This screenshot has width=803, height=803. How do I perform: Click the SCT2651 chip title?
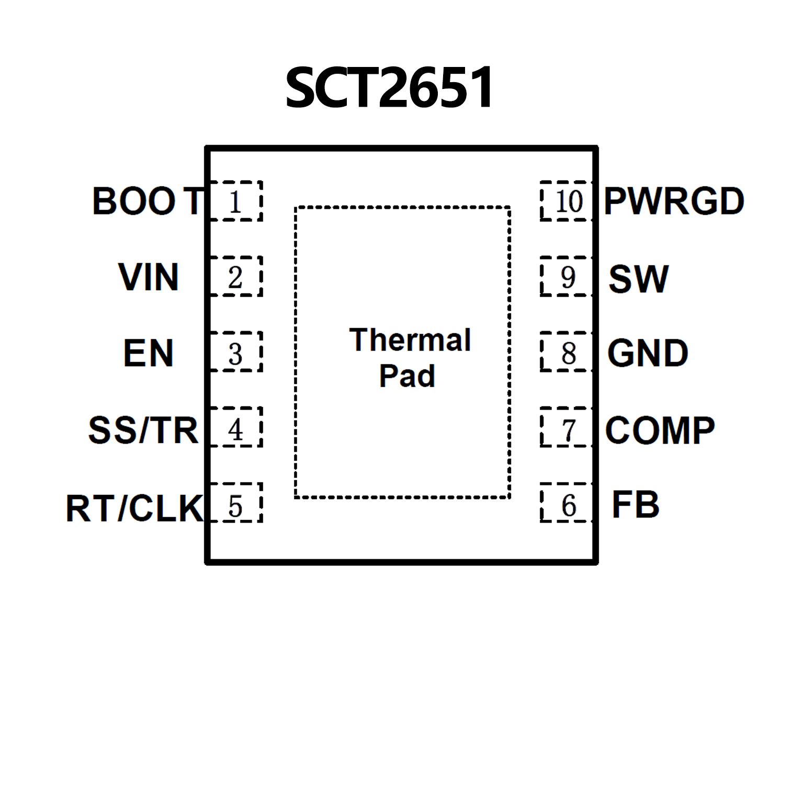(389, 87)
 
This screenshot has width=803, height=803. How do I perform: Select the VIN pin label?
(149, 277)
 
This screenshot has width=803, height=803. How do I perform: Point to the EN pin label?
(148, 353)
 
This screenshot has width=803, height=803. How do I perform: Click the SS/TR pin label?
(143, 430)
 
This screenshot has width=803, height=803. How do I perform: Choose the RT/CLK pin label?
(134, 508)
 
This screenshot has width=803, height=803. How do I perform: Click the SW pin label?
(638, 279)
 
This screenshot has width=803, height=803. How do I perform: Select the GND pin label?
(648, 353)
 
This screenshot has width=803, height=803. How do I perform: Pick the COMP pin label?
(660, 431)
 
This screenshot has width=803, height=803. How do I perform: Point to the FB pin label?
(635, 505)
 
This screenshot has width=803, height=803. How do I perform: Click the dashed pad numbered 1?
(235, 201)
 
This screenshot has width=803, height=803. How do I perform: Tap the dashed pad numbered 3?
(235, 352)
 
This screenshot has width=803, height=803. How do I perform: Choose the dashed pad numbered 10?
(567, 201)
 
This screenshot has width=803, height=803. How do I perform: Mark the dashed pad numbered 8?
(567, 352)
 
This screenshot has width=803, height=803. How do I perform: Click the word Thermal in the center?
(410, 340)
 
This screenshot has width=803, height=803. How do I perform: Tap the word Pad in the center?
(407, 376)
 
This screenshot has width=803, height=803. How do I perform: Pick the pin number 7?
(569, 431)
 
